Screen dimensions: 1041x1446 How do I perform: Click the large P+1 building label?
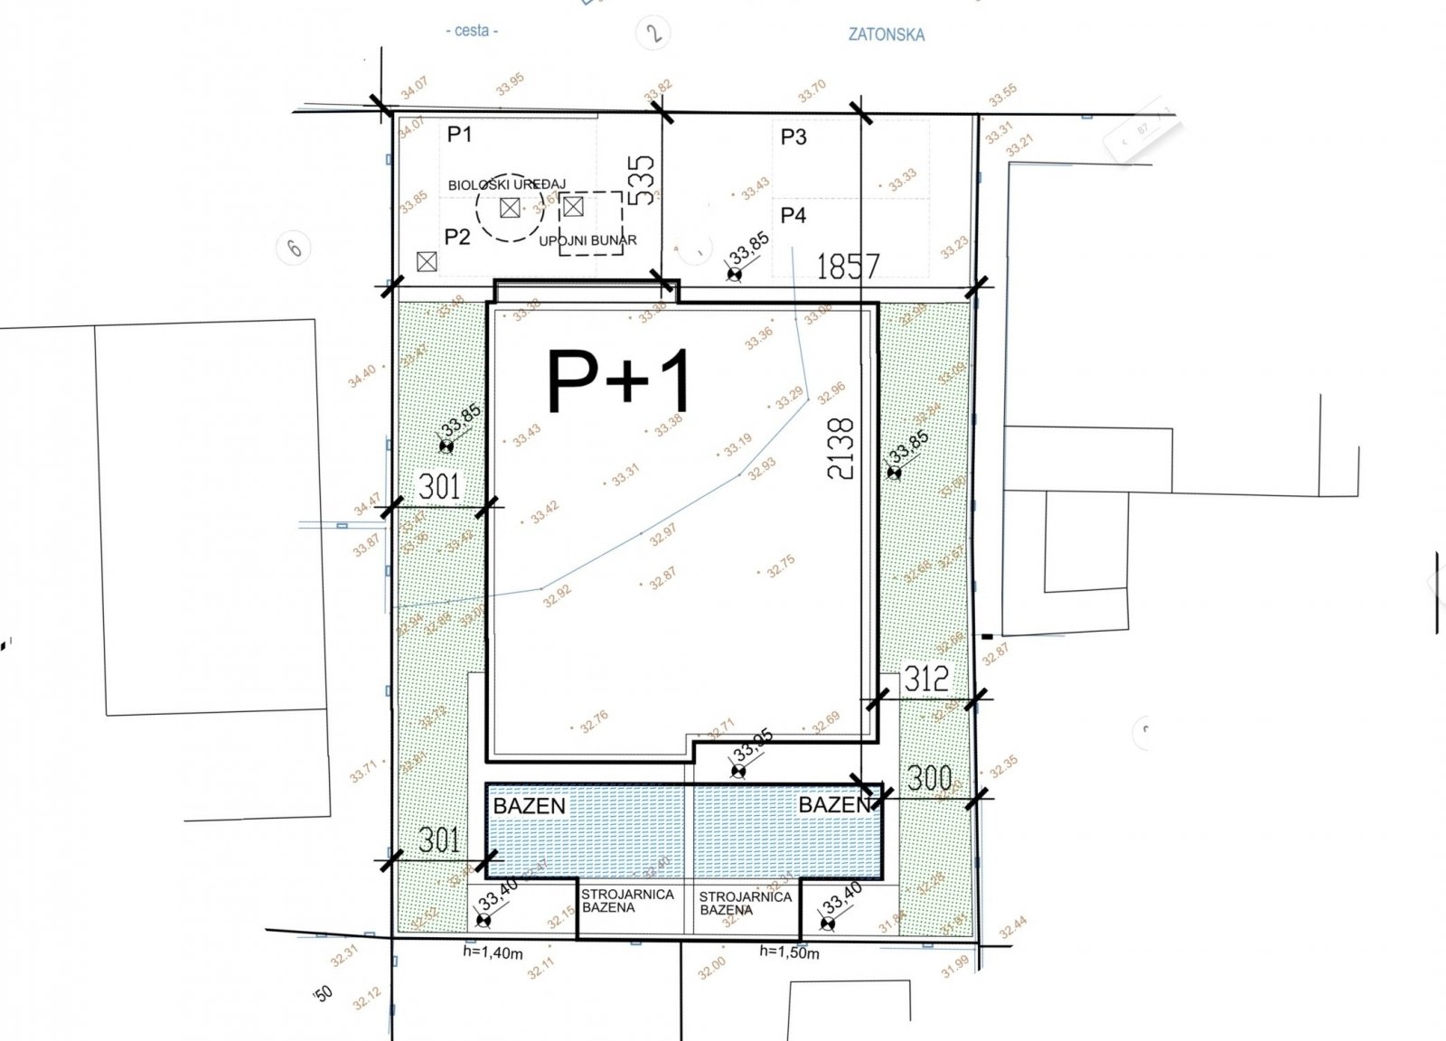[619, 381]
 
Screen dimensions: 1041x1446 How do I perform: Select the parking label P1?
[460, 135]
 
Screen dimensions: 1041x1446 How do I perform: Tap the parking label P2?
[457, 237]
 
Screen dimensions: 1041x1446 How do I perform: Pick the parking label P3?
[793, 136]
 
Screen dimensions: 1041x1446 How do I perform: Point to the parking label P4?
[793, 215]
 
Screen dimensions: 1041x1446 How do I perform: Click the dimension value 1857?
[847, 267]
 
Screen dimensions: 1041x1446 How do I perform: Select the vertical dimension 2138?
[840, 448]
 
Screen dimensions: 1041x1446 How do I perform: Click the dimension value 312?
[926, 679]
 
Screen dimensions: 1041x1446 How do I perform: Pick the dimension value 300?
[929, 778]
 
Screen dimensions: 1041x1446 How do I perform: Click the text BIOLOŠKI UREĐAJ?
[506, 184]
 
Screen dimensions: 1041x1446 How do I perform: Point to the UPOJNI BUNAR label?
[587, 240]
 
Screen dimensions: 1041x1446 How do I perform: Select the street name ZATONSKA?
[886, 35]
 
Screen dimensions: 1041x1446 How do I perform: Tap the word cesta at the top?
[472, 31]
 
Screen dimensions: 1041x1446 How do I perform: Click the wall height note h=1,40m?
[493, 951]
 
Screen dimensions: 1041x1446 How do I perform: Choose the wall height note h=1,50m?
[789, 951]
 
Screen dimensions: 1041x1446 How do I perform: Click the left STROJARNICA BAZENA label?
[627, 900]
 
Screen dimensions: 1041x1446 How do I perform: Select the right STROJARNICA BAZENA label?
[745, 903]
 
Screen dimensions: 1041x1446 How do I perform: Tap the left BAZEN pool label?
[530, 805]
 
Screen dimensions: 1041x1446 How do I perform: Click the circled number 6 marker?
[295, 246]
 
